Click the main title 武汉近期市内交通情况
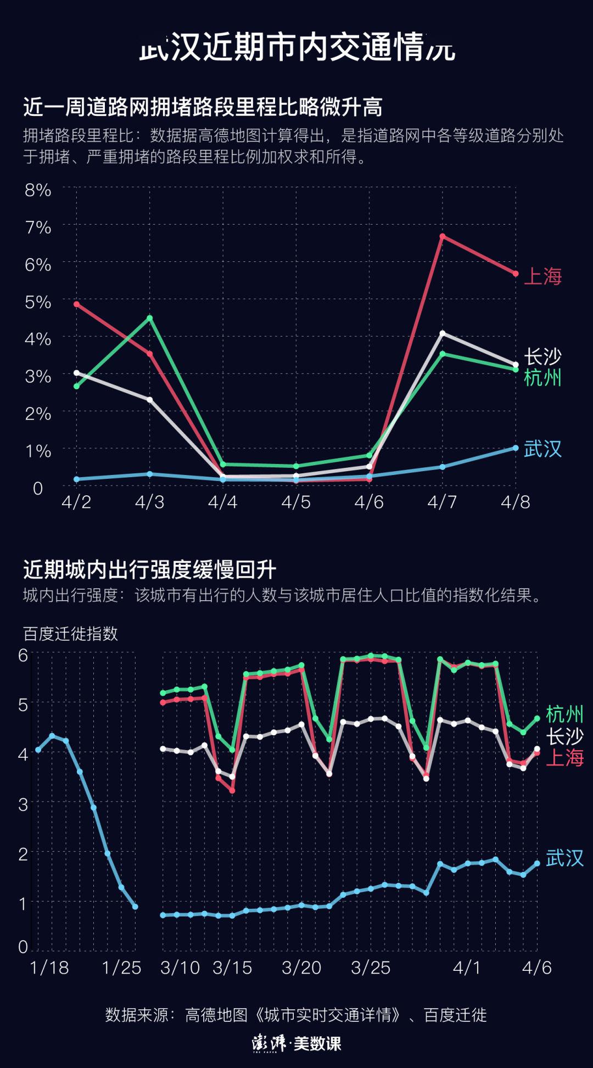pyautogui.click(x=296, y=48)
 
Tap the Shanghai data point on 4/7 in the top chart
pyautogui.click(x=442, y=237)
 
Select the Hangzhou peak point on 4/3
pyautogui.click(x=150, y=318)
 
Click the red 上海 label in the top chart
pyautogui.click(x=542, y=276)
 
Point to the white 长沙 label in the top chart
pyautogui.click(x=542, y=357)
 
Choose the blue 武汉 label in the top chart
pyautogui.click(x=542, y=449)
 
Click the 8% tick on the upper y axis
pyautogui.click(x=38, y=191)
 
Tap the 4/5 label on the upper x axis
pyautogui.click(x=296, y=502)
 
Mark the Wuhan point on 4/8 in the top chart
pyautogui.click(x=516, y=448)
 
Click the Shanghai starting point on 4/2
pyautogui.click(x=77, y=304)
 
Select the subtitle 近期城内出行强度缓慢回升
pyautogui.click(x=149, y=570)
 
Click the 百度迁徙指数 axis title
pyautogui.click(x=70, y=634)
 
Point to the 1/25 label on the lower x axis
pyautogui.click(x=121, y=968)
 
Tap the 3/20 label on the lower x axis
pyautogui.click(x=301, y=968)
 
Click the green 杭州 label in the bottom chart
pyautogui.click(x=564, y=714)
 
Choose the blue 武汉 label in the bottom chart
pyautogui.click(x=564, y=858)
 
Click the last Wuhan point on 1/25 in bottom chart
pyautogui.click(x=135, y=907)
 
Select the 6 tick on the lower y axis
pyautogui.click(x=23, y=655)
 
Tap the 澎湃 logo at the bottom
pyautogui.click(x=269, y=1043)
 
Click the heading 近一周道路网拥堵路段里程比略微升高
pyautogui.click(x=203, y=107)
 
